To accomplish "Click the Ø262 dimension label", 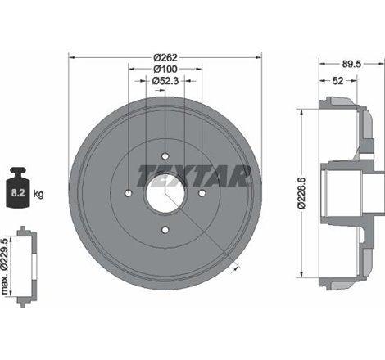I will [x=165, y=57].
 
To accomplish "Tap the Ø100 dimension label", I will [x=165, y=69].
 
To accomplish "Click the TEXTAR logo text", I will [x=181, y=175].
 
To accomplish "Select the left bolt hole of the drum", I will [x=129, y=193].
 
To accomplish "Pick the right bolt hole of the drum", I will [x=202, y=193].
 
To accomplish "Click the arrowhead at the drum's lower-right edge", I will [x=237, y=265].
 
